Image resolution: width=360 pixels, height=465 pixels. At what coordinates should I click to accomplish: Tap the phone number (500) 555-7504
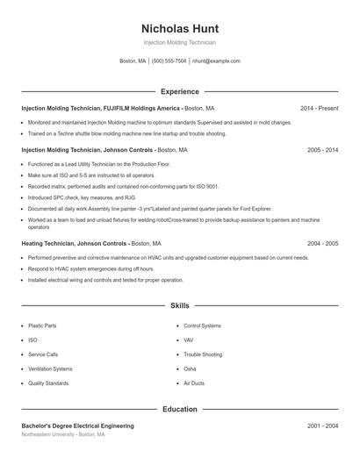pyautogui.click(x=169, y=61)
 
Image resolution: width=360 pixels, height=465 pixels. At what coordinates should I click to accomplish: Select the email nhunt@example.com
pyautogui.click(x=216, y=61)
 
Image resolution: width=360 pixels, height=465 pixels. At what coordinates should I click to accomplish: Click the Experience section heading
pyautogui.click(x=179, y=91)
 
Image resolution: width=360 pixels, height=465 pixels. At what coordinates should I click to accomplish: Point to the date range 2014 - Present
pyautogui.click(x=319, y=108)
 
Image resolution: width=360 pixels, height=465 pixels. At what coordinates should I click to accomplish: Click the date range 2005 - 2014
pyautogui.click(x=322, y=150)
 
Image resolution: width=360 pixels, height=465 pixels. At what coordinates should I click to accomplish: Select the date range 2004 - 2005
pyautogui.click(x=322, y=243)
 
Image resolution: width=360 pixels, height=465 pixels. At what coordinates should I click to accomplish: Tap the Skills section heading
pyautogui.click(x=179, y=306)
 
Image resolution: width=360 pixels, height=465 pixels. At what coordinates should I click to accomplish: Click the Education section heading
pyautogui.click(x=179, y=409)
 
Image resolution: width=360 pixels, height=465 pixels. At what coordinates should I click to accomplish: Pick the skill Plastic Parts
pyautogui.click(x=42, y=325)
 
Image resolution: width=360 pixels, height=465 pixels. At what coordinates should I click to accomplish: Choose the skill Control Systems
pyautogui.click(x=203, y=325)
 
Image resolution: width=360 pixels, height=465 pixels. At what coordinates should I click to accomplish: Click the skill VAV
pyautogui.click(x=189, y=340)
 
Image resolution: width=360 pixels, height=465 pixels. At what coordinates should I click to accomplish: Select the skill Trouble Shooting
pyautogui.click(x=202, y=354)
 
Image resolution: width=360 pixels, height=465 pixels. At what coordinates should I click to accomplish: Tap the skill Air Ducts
pyautogui.click(x=194, y=383)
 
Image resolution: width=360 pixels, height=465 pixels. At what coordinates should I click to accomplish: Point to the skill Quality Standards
pyautogui.click(x=48, y=383)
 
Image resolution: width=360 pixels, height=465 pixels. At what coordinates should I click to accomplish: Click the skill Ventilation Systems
pyautogui.click(x=50, y=368)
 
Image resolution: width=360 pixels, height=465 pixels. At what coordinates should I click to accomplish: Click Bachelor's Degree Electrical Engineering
pyautogui.click(x=77, y=426)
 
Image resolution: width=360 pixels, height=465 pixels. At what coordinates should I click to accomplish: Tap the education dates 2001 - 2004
pyautogui.click(x=322, y=426)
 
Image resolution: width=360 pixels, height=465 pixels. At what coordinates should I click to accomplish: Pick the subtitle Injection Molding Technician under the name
pyautogui.click(x=179, y=42)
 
